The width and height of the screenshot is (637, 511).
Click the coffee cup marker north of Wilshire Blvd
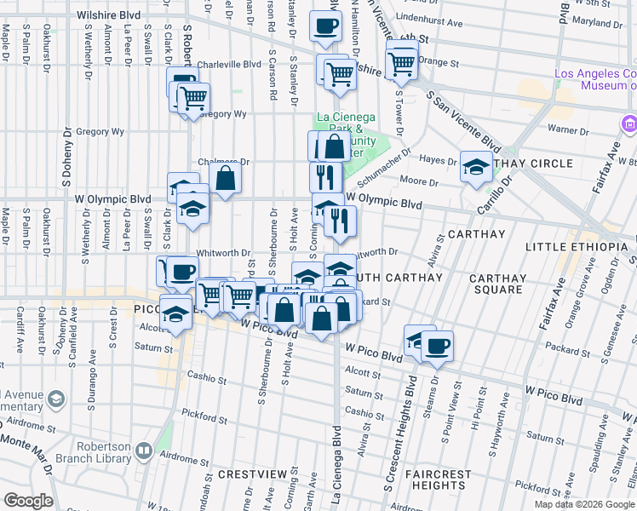[324, 26]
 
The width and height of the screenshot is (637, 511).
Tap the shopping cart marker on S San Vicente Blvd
[400, 62]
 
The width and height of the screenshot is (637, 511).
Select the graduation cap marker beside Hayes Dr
[475, 166]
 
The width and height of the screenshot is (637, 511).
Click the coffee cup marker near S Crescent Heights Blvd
[437, 345]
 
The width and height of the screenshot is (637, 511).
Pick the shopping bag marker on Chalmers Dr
[226, 177]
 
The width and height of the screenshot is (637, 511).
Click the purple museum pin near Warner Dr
[628, 125]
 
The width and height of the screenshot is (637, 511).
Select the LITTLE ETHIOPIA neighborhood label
[577, 247]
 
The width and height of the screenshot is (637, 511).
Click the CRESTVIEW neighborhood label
[250, 474]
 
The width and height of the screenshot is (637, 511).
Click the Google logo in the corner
[27, 501]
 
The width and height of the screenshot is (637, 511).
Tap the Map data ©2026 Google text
[584, 504]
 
